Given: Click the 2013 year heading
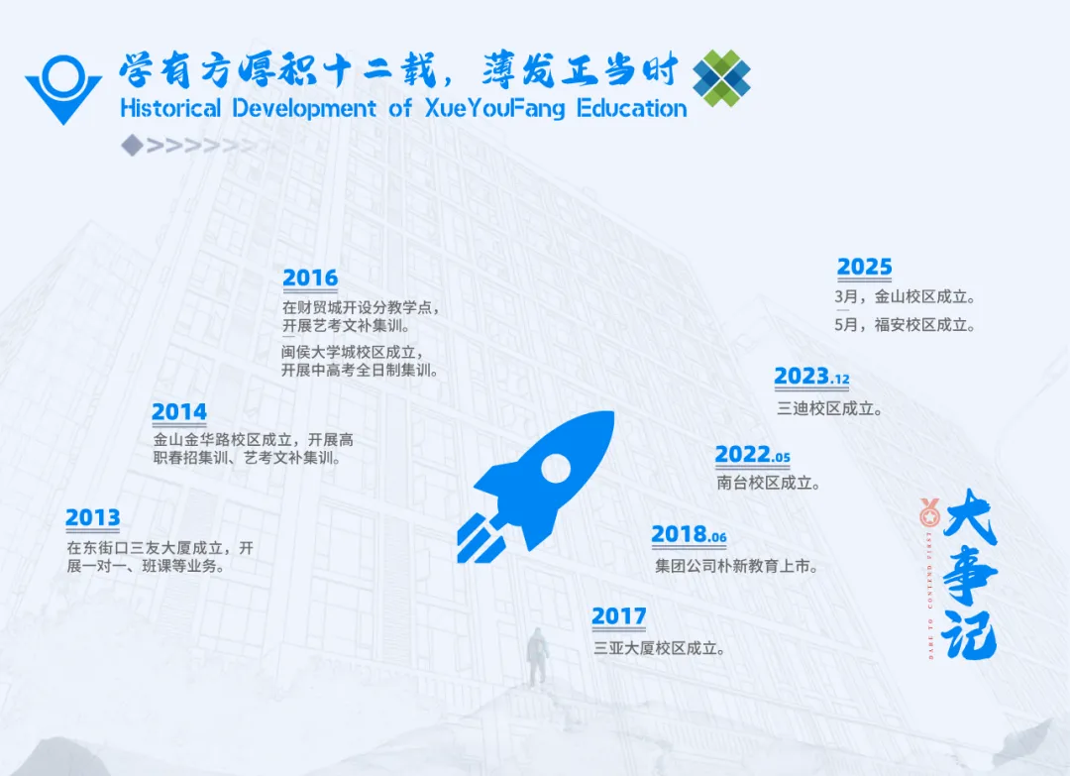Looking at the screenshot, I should tap(92, 517).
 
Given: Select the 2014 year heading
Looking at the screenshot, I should tap(179, 411).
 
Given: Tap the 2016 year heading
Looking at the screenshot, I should tap(310, 278).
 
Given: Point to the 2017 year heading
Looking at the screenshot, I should tap(618, 616).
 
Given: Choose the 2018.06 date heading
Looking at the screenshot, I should tap(689, 534).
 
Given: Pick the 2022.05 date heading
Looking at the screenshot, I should tap(752, 455).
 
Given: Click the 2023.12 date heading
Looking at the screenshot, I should tap(811, 377).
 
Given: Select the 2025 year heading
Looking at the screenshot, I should tap(864, 268).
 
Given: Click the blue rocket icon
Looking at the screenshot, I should tap(536, 486).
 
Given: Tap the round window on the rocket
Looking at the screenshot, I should tap(557, 467).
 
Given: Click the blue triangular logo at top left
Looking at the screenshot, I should tap(62, 88).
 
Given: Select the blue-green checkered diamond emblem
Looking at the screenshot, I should tap(721, 77).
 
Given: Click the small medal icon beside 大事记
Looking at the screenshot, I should tap(929, 512).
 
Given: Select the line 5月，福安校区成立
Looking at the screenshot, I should tap(906, 324).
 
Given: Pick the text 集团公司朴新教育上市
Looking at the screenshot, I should tap(736, 567).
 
